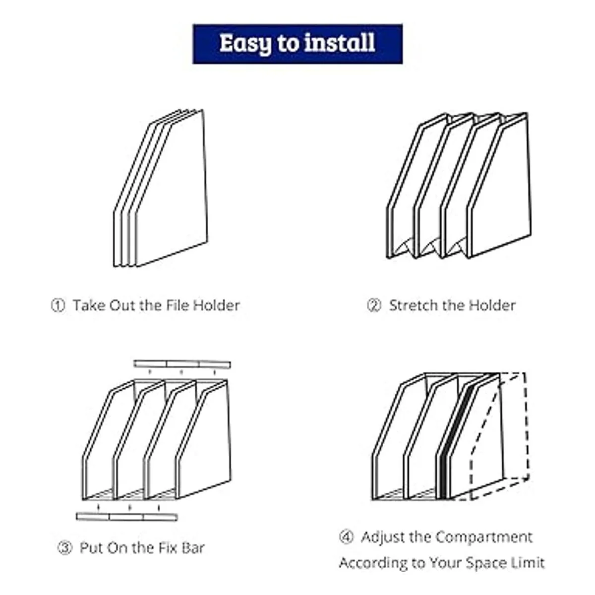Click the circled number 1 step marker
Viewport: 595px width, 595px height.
58,305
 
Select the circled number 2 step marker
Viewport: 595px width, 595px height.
373,305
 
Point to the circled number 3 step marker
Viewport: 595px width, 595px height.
64,548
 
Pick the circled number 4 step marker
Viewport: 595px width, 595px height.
346,537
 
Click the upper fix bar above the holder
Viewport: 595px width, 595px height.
182,364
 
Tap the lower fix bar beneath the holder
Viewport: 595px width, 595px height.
126,517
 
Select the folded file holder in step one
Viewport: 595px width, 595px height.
161,188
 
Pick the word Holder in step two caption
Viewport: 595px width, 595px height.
492,305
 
